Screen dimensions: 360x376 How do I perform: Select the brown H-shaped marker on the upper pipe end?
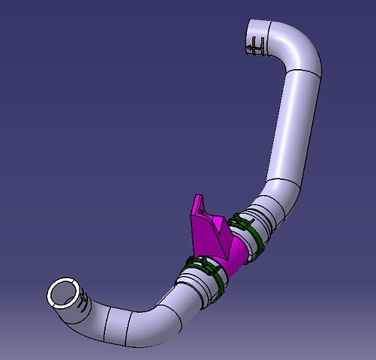click(x=256, y=46)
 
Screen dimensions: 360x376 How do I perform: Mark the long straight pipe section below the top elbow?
click(x=294, y=127)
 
